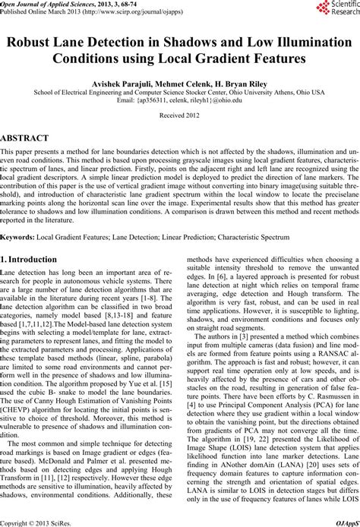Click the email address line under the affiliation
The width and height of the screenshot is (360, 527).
coord(179,120)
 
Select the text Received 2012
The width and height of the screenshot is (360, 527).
coord(179,137)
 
